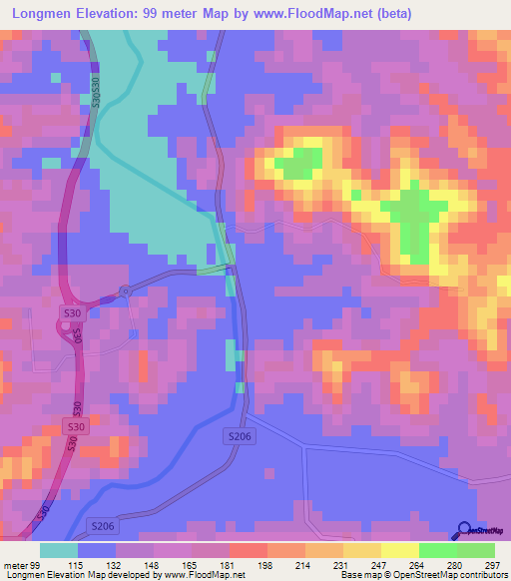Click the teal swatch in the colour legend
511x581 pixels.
pyautogui.click(x=58, y=550)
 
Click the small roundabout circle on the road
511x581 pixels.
pyautogui.click(x=125, y=290)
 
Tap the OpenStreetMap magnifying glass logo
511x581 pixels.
pyautogui.click(x=463, y=530)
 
